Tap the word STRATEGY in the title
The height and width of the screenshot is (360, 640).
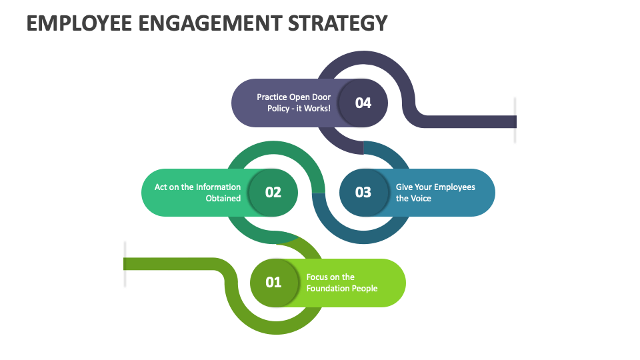click(x=338, y=23)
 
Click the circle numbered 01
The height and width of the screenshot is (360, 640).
click(x=274, y=283)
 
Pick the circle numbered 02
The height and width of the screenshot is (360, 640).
click(x=273, y=193)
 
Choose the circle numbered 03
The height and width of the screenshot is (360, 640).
click(x=363, y=193)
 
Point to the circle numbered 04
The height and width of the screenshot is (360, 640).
click(x=363, y=103)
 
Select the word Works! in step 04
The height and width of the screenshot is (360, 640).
click(x=317, y=109)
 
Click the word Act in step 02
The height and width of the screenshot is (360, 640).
click(x=161, y=187)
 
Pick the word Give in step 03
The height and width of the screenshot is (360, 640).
click(x=405, y=187)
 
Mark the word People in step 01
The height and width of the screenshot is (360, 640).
click(x=365, y=289)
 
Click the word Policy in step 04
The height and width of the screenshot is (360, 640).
click(x=279, y=109)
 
